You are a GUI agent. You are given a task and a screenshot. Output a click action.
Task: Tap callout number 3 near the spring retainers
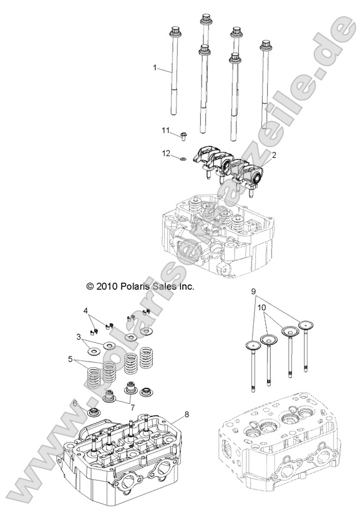click(x=79, y=337)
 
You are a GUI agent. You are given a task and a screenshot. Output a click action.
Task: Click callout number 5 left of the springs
click(x=71, y=359)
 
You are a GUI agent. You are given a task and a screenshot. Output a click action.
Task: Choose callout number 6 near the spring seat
click(x=75, y=403)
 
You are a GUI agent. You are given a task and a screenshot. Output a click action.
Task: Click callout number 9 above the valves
click(x=255, y=291)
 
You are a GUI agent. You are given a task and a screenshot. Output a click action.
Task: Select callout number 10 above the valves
click(x=263, y=308)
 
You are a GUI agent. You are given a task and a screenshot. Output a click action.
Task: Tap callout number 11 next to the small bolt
click(x=166, y=130)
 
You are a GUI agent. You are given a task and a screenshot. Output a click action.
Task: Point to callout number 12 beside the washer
click(x=167, y=153)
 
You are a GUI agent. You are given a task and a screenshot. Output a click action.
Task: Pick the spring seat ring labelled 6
click(x=96, y=414)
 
